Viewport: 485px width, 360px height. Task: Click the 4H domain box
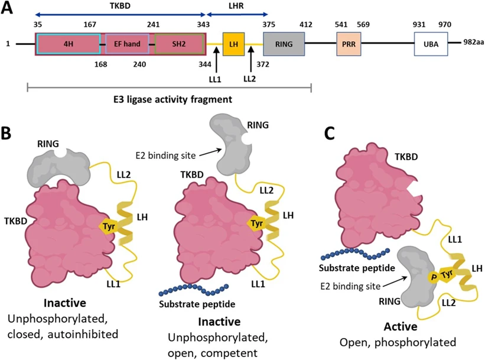(69, 44)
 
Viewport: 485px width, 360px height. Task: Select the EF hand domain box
(125, 44)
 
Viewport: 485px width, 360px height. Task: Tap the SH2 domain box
(180, 44)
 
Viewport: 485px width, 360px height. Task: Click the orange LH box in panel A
(233, 44)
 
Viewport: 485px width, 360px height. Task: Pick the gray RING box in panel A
(284, 44)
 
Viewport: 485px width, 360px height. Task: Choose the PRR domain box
(346, 44)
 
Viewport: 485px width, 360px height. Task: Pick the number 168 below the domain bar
(100, 64)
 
